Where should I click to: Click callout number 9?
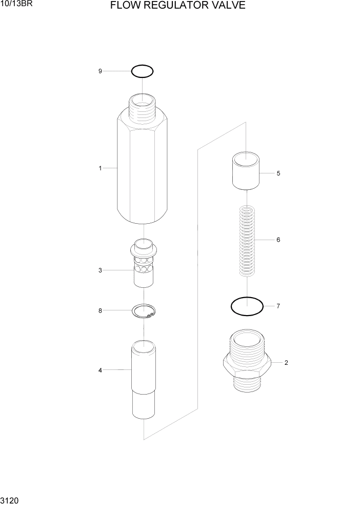[x=101, y=71]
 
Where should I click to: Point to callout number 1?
[x=101, y=168]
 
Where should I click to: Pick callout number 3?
[x=101, y=270]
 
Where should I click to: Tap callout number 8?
[x=101, y=310]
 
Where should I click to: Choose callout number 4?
[x=101, y=370]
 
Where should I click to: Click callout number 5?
[x=278, y=173]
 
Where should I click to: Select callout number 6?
[x=278, y=240]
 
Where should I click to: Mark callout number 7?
[x=278, y=306]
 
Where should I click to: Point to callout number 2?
[x=286, y=363]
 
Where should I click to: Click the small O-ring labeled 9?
[x=143, y=71]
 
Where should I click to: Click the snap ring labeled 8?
[x=144, y=311]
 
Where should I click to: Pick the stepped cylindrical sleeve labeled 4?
[x=144, y=380]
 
